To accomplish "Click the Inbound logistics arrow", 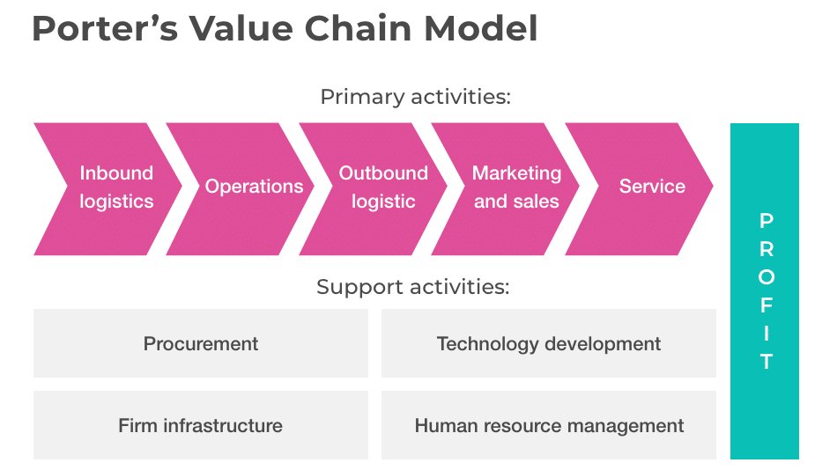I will [115, 187].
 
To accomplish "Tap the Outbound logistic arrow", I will [383, 187].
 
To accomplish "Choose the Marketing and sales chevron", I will [516, 187].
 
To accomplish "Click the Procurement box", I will [201, 343].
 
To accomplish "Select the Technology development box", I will [548, 343].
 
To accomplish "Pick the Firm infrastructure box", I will [201, 426].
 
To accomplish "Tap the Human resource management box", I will [548, 426].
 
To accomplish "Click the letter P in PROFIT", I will [766, 220].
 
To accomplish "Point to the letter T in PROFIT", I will [766, 361].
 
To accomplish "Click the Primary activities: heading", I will [415, 97].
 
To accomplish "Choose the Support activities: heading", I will [413, 287].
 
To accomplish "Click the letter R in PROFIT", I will [766, 248].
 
